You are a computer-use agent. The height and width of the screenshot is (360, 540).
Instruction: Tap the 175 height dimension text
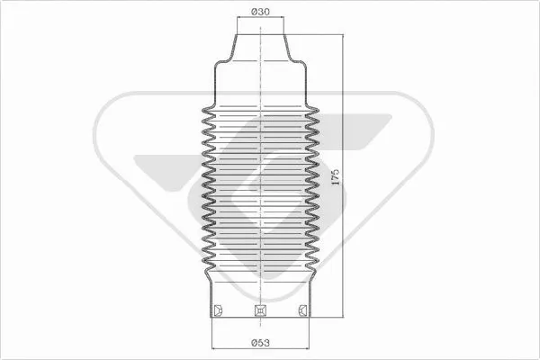[335, 176]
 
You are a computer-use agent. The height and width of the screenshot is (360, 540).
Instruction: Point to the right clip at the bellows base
[302, 311]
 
